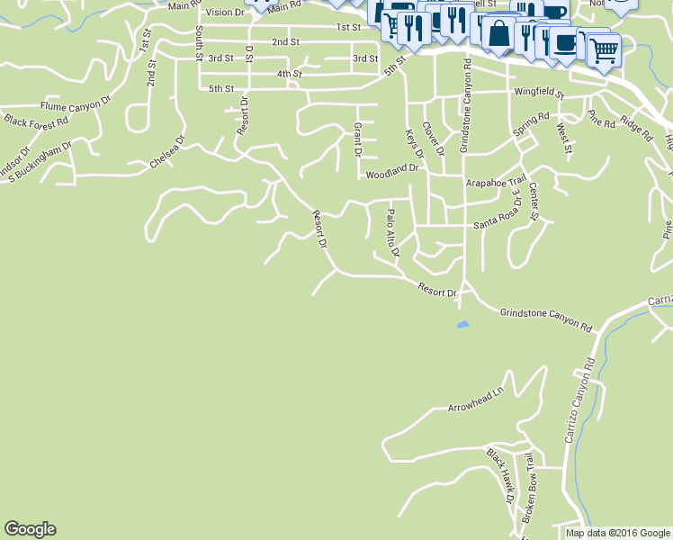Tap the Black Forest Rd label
tap(36, 121)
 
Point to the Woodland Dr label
tap(392, 167)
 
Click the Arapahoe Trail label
tap(493, 183)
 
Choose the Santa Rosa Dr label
tap(498, 214)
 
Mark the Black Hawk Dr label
tap(499, 475)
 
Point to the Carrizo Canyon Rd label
tap(579, 400)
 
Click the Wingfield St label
tap(538, 93)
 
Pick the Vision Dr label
tap(225, 12)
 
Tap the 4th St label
tap(289, 74)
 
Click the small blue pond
tap(462, 324)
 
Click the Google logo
tap(30, 529)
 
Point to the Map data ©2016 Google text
tap(616, 533)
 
